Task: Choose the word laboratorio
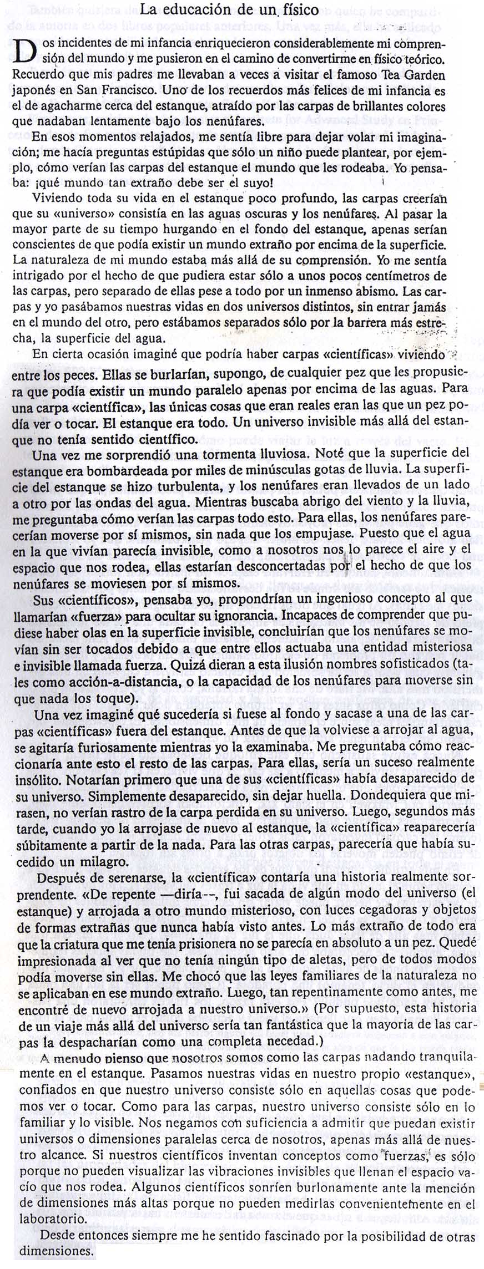(53, 1220)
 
